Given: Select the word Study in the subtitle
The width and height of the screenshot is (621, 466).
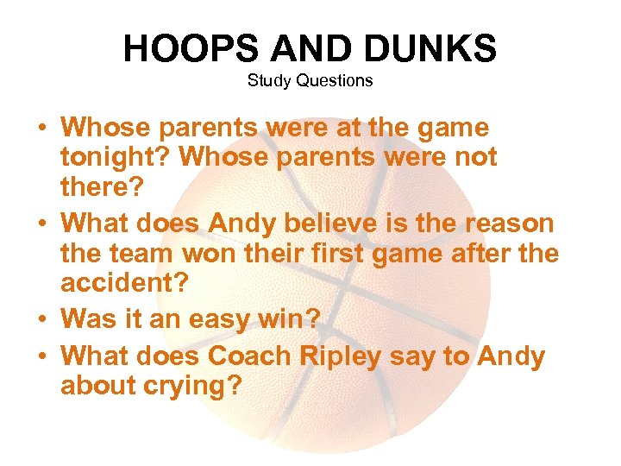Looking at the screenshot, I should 268,80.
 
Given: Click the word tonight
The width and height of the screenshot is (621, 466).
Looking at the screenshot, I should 111,158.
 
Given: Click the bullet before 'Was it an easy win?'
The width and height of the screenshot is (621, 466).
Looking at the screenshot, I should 42,320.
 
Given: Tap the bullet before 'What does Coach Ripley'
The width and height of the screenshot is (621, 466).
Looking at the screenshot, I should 42,355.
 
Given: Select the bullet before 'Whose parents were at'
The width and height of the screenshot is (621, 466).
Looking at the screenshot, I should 42,129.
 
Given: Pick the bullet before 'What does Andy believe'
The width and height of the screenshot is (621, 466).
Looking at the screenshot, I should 42,224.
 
